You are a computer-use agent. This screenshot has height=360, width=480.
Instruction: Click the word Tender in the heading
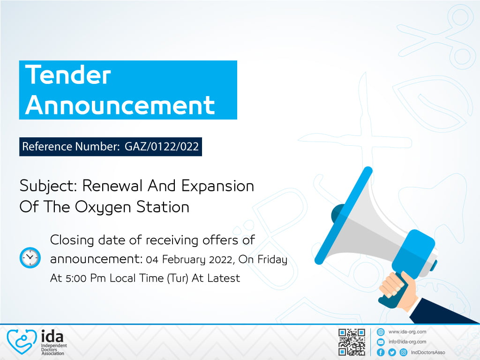pos(68,75)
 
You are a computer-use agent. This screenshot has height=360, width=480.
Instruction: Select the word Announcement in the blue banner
pos(120,105)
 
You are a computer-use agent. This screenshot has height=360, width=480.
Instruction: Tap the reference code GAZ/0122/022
pos(162,146)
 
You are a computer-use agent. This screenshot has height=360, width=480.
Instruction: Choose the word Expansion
pos(217,186)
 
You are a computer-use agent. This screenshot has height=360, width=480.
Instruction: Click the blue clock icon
pos(30,257)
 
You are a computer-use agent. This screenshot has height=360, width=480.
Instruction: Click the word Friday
pos(272,260)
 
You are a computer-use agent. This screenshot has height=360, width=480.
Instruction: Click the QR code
pos(352,342)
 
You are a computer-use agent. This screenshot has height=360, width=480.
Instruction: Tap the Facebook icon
pos(381,352)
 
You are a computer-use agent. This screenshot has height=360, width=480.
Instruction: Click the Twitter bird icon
pos(392,352)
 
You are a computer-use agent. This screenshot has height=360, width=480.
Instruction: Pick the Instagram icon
pos(404,352)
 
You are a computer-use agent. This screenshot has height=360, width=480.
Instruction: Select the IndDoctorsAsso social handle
pos(428,352)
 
